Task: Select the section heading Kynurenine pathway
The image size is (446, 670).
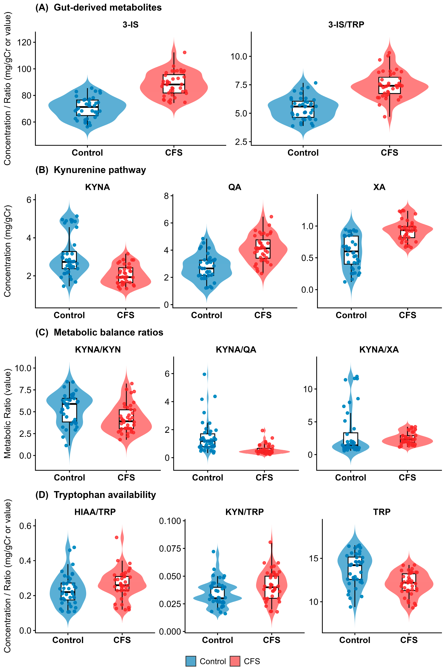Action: point(100,170)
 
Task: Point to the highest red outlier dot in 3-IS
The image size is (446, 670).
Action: point(185,52)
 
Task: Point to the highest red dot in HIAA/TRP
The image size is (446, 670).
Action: point(116,537)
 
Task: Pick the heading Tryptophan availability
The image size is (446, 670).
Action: point(105,495)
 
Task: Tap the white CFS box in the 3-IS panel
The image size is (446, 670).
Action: point(174,84)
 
